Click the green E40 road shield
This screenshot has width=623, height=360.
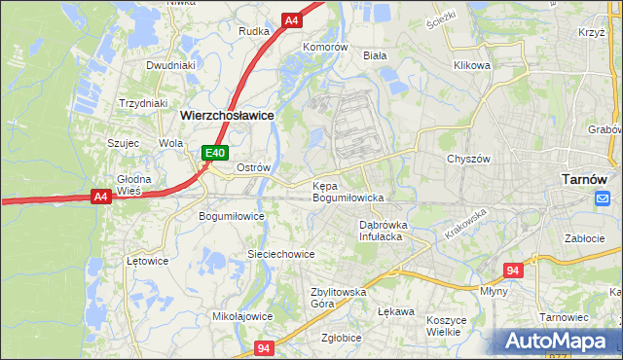pos(215,153)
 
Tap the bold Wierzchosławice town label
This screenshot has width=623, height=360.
pos(227,115)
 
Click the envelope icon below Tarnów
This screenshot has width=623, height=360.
pos(602,198)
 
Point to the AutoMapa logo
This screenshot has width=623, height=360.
pos(558,342)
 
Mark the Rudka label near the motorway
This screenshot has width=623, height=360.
pos(253,31)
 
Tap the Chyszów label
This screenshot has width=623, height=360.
pos(467,159)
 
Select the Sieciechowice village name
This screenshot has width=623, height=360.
pos(280,254)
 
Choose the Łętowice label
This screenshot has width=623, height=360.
pos(148,261)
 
